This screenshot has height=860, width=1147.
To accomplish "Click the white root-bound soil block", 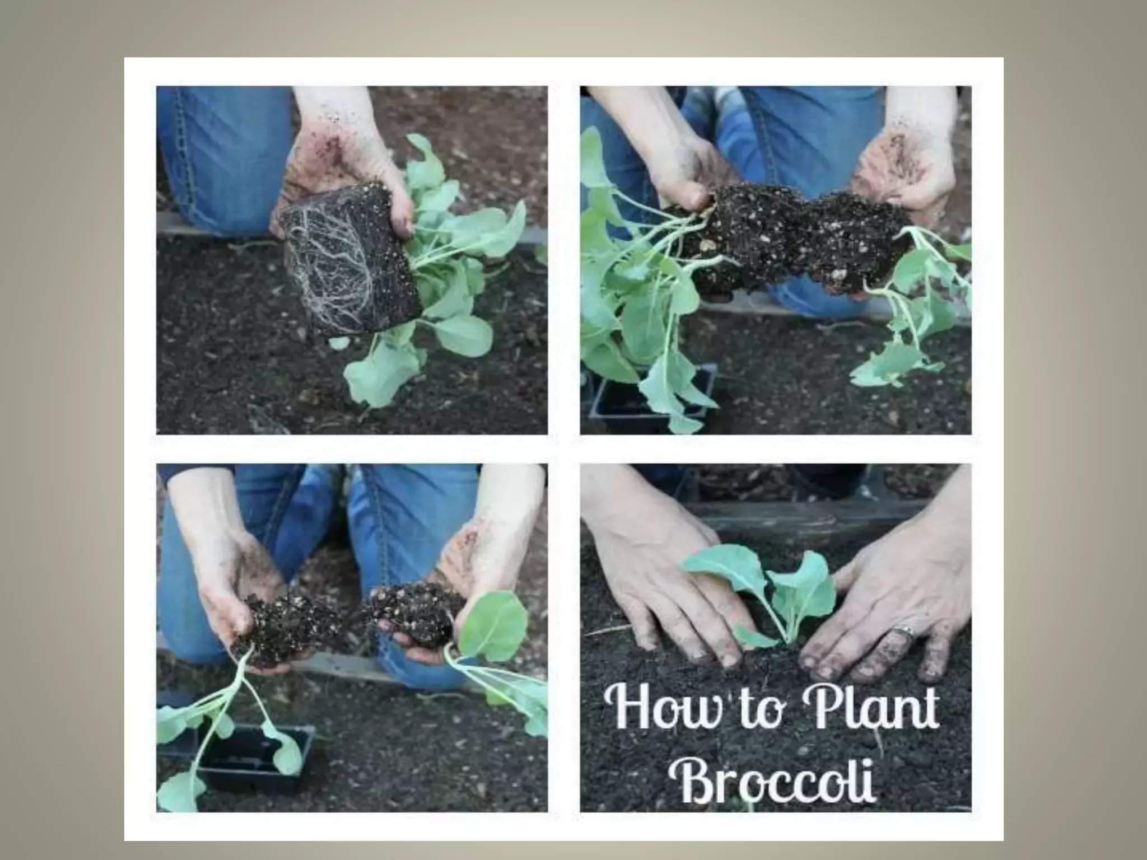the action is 350,260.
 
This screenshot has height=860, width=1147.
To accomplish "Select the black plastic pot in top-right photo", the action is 652,392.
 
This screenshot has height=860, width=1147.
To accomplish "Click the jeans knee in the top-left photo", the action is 224,168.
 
